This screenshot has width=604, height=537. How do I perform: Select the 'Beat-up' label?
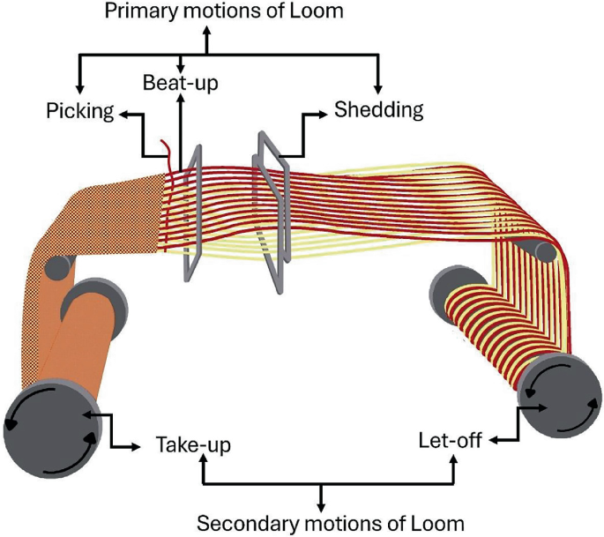[x=180, y=83]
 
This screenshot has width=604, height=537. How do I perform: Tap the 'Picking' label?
[x=80, y=111]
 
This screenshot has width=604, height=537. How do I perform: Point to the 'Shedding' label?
[x=378, y=110]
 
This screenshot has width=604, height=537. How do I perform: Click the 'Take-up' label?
[x=193, y=445]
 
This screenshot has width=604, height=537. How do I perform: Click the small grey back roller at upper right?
[x=546, y=252]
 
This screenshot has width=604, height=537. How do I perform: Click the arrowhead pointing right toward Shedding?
[x=323, y=113]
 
